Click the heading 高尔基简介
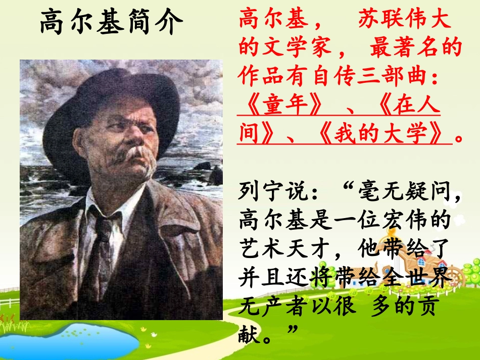[x=111, y=23]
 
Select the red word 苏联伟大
[x=404, y=20]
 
